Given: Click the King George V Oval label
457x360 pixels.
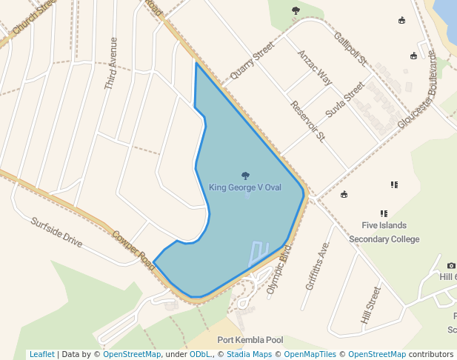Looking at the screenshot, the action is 245,187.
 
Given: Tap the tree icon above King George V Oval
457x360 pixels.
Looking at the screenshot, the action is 245,176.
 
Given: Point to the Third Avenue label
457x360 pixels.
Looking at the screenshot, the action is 111,64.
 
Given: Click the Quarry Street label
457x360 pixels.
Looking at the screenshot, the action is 252,60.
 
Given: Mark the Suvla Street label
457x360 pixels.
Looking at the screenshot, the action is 345,101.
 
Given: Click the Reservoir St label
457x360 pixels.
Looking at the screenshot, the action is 308,121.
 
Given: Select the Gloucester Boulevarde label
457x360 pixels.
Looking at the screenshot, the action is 418,90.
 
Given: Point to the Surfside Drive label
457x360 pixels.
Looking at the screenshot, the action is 57,230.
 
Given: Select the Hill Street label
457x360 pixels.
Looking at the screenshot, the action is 370,304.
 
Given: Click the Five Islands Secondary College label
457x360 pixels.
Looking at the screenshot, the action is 384,232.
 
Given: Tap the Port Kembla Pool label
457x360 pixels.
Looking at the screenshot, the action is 250,340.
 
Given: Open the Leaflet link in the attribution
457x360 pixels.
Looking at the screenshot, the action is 41,354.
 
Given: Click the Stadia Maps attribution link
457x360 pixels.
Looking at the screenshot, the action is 249,354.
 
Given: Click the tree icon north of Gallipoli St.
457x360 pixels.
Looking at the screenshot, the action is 296,10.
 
